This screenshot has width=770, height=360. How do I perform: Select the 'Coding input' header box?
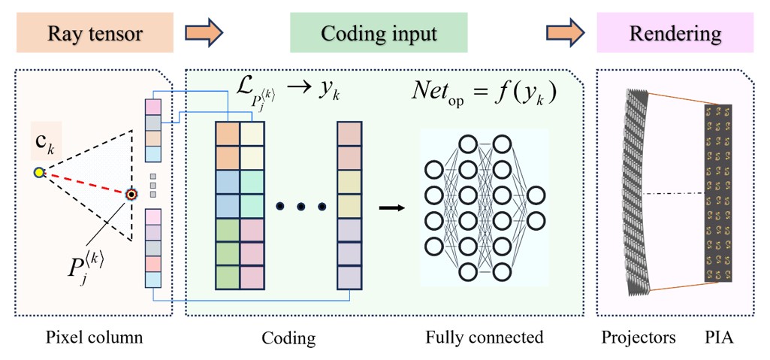pyautogui.click(x=379, y=33)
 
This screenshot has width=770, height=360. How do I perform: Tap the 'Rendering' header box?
pyautogui.click(x=675, y=33)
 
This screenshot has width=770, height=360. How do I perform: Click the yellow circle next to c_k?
pyautogui.click(x=39, y=174)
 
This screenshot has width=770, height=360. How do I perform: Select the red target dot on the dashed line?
pyautogui.click(x=131, y=194)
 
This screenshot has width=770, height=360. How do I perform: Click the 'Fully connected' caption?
pyautogui.click(x=484, y=337)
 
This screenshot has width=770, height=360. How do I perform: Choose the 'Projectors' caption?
pyautogui.click(x=637, y=337)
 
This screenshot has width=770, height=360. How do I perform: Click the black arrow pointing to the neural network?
pyautogui.click(x=391, y=207)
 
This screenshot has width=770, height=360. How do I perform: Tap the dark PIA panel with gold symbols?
pyautogui.click(x=717, y=193)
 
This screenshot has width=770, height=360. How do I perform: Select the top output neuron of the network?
pyautogui.click(x=536, y=195)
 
